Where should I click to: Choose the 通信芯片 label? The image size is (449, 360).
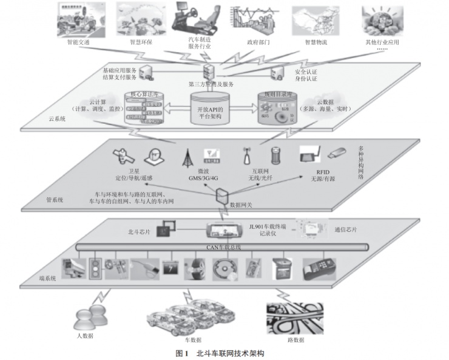(x=347, y=231)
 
